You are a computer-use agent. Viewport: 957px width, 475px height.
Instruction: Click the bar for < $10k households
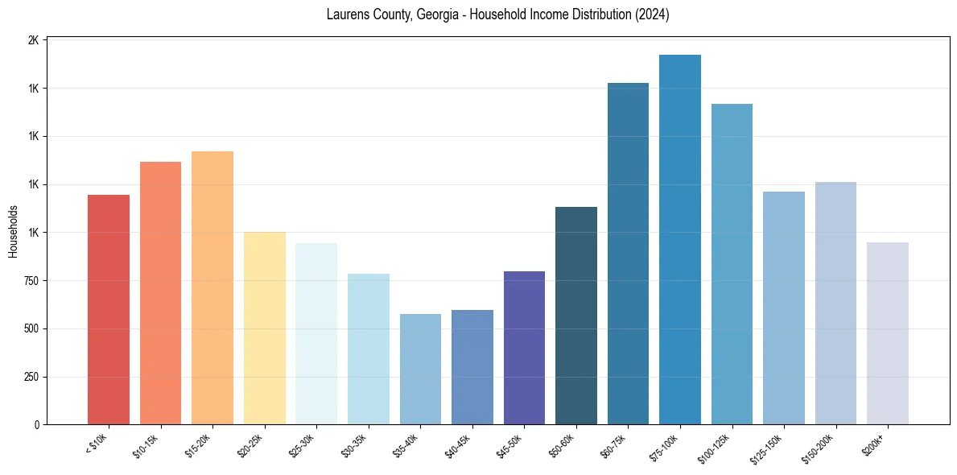[109, 310]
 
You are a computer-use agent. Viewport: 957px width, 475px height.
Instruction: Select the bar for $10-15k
[160, 293]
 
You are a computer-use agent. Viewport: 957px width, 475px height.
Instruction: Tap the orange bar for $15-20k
[212, 288]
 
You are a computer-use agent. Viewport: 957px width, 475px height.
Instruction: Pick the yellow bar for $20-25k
[265, 328]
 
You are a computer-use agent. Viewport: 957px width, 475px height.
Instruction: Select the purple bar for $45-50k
[524, 348]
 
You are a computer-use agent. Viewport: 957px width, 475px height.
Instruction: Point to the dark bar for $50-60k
[576, 316]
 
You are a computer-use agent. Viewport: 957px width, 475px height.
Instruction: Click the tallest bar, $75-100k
[680, 240]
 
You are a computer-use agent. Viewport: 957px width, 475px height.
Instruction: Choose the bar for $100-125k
[732, 264]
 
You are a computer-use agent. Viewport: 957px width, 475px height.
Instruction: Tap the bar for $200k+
[888, 333]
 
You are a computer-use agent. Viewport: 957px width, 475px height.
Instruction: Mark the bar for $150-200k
[835, 304]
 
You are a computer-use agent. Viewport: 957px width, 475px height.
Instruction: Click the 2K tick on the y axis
[34, 40]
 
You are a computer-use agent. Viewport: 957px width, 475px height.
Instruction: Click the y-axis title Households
[14, 232]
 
